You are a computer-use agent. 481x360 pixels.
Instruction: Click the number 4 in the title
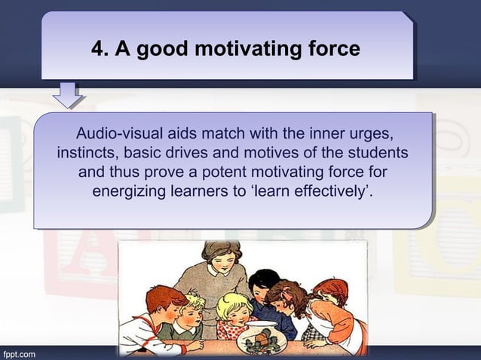(x=97, y=50)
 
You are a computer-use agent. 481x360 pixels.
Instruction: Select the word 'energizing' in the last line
(x=129, y=191)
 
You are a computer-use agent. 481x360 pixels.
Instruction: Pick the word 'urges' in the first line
(x=372, y=135)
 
